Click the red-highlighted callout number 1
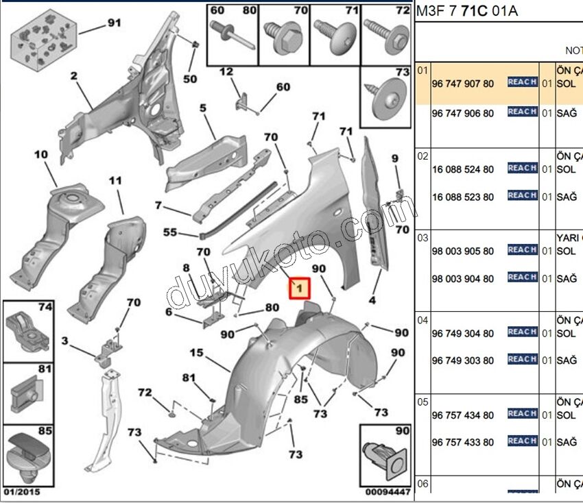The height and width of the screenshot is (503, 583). (299, 289)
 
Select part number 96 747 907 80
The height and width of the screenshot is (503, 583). (462, 84)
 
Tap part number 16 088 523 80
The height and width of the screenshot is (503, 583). (462, 197)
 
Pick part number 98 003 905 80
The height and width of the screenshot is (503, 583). (462, 251)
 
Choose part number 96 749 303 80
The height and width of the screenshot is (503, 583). (462, 361)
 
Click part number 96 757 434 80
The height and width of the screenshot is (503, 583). (462, 415)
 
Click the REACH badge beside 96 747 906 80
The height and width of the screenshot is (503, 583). (522, 112)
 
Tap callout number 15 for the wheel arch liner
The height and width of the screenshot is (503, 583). (197, 353)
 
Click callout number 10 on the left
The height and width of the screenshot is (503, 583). (41, 155)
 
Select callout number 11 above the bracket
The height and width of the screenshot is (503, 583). (115, 181)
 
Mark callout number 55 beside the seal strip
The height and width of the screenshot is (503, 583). (169, 232)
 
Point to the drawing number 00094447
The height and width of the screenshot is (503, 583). (388, 491)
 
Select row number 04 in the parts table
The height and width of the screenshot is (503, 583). (423, 320)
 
